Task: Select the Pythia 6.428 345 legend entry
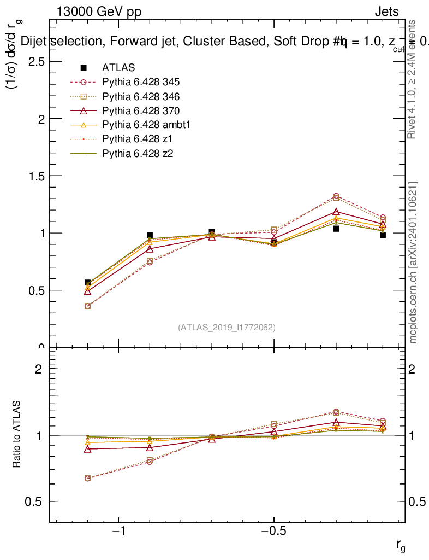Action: pyautogui.click(x=141, y=83)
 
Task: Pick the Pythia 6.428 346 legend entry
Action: pyautogui.click(x=141, y=97)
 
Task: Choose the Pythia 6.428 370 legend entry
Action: pyautogui.click(x=141, y=111)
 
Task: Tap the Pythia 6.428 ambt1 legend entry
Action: pyautogui.click(x=145, y=125)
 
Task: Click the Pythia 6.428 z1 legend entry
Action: pyautogui.click(x=136, y=139)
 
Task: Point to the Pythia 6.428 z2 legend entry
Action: pyautogui.click(x=136, y=154)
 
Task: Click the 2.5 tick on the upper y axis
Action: pyautogui.click(x=37, y=61)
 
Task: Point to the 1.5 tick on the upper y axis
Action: pyautogui.click(x=37, y=176)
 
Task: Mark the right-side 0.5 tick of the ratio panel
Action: pyautogui.click(x=418, y=501)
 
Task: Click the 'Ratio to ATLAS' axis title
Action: pyautogui.click(x=17, y=435)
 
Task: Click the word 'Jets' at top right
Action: pyautogui.click(x=386, y=13)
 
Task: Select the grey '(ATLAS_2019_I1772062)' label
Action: pyautogui.click(x=227, y=328)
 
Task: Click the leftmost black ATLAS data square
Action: pyautogui.click(x=87, y=283)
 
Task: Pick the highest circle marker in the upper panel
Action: pyautogui.click(x=336, y=196)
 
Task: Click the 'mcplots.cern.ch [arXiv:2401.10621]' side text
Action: pyautogui.click(x=414, y=262)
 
